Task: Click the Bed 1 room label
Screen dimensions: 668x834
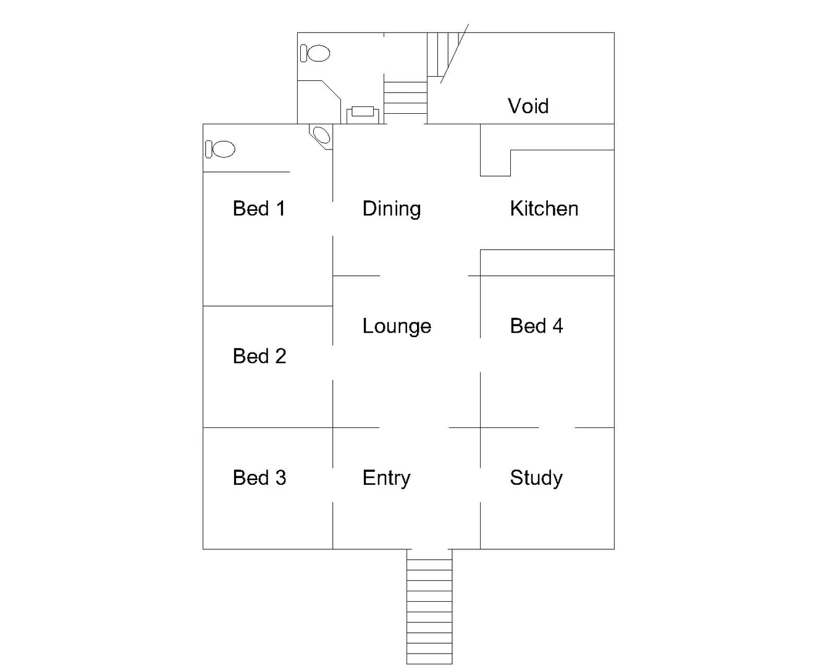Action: pos(259,208)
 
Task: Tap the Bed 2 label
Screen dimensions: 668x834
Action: pos(259,356)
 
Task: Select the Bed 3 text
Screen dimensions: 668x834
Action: pos(259,477)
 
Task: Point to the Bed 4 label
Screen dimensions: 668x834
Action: pos(536,326)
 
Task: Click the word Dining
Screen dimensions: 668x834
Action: pos(392,209)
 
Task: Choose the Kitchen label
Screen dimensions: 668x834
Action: pos(544,208)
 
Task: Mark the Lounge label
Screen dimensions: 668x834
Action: pos(397,327)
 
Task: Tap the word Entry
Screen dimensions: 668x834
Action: pos(386,478)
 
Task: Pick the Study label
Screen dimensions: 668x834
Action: pos(536,478)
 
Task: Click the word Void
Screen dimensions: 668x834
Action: pos(528,106)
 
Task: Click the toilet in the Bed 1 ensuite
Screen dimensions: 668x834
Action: pos(221,149)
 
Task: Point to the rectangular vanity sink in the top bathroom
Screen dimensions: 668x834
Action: pos(363,113)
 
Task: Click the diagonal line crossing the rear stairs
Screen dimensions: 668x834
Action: pos(455,54)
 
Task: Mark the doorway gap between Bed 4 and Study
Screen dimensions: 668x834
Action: pos(557,427)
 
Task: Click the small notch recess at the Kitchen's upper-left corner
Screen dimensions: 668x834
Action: pos(495,163)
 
